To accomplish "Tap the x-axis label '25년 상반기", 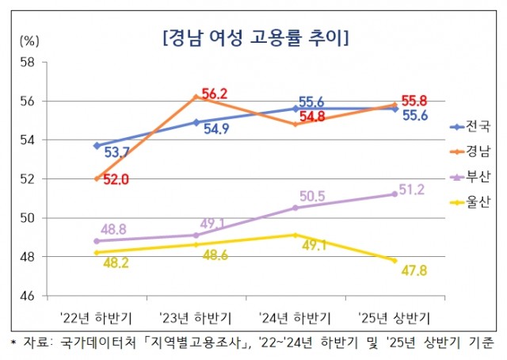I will (x=395, y=319).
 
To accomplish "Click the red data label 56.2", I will (x=214, y=94).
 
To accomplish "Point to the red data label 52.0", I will (x=112, y=180).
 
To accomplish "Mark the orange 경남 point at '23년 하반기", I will (x=196, y=97).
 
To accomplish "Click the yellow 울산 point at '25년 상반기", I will (x=395, y=260).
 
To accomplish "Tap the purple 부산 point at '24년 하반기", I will (x=295, y=208).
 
